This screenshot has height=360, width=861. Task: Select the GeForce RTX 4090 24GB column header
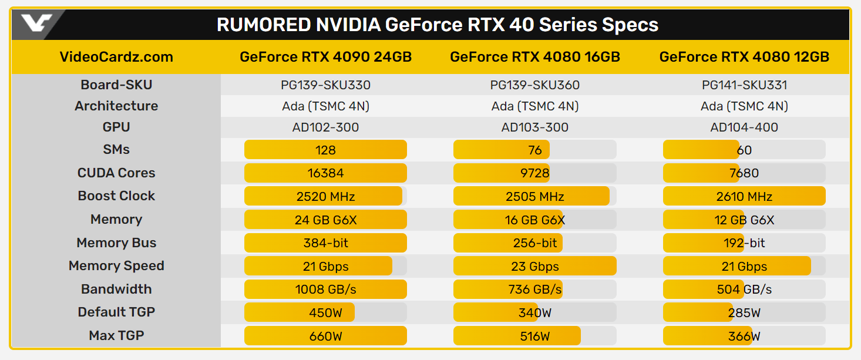click(x=325, y=57)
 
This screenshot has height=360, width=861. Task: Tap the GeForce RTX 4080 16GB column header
click(x=535, y=57)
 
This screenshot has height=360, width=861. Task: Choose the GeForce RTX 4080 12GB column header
click(x=744, y=57)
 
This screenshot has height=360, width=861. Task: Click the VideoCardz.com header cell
click(x=116, y=57)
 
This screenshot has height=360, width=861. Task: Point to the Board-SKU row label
click(x=116, y=85)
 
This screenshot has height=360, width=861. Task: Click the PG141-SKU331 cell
click(x=744, y=85)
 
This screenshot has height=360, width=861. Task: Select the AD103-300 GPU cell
click(x=535, y=127)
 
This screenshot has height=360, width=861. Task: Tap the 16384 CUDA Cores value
click(x=325, y=173)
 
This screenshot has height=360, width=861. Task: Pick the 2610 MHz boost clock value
click(x=744, y=196)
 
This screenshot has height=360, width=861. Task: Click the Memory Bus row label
click(x=116, y=243)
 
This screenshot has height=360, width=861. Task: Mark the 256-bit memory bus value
click(x=535, y=243)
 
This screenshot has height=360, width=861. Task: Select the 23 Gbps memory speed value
click(x=535, y=266)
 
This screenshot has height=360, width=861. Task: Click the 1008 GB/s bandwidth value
click(x=325, y=290)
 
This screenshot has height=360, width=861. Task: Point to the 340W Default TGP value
click(x=535, y=312)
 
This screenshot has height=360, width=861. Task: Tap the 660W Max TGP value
click(x=325, y=336)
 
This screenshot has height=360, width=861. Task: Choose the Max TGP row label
click(x=116, y=335)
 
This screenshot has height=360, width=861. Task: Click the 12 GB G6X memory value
click(x=744, y=220)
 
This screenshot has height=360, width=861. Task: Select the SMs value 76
click(x=535, y=150)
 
